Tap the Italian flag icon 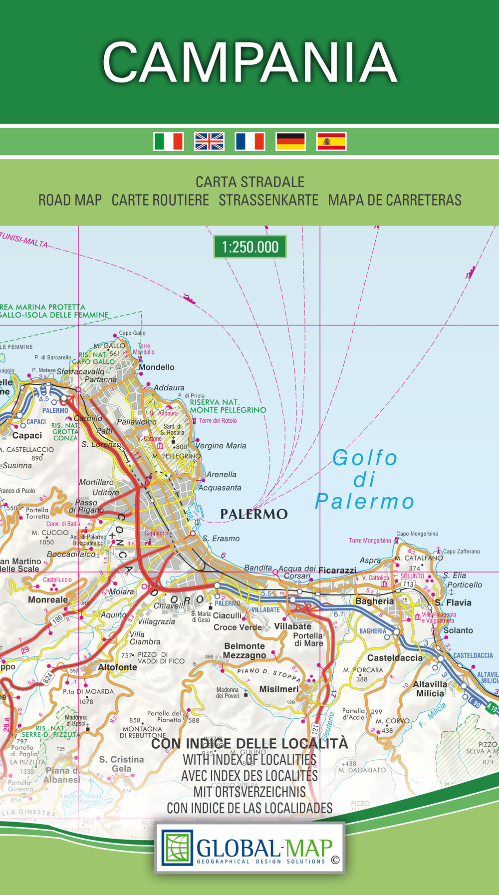(169, 141)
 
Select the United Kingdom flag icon (209, 141)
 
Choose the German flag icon (290, 141)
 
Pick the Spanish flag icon (331, 141)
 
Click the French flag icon (250, 141)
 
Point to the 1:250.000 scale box (250, 247)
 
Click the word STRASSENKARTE (268, 200)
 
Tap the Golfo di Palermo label (364, 480)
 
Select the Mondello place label (157, 367)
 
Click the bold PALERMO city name (254, 514)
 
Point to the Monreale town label (48, 599)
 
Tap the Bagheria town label (374, 601)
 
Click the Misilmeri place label (279, 689)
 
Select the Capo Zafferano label (462, 552)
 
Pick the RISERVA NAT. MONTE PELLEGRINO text (228, 406)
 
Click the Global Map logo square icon (177, 848)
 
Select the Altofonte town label (117, 667)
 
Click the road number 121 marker (315, 728)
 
